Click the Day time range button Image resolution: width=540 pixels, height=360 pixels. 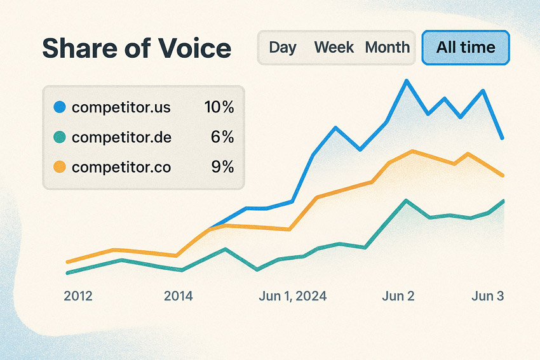(283, 48)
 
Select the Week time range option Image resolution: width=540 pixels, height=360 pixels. (334, 48)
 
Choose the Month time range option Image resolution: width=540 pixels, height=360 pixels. (387, 48)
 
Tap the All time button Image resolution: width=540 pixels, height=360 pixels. (466, 48)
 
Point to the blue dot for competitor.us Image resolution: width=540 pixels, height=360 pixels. (60, 107)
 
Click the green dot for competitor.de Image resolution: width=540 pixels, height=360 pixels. (60, 137)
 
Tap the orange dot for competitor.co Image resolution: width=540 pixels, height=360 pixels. (60, 167)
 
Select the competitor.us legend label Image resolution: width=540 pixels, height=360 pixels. (121, 107)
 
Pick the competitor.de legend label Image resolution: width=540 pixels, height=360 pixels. (121, 137)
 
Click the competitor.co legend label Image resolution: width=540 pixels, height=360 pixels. (121, 168)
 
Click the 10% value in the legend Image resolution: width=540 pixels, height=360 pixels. (219, 107)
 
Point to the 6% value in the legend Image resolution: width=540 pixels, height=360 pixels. (223, 137)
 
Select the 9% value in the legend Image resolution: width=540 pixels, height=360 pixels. (223, 168)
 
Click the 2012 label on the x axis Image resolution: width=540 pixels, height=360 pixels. (78, 296)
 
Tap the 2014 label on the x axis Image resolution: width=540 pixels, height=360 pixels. (179, 296)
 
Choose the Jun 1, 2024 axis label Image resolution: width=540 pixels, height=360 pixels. (293, 296)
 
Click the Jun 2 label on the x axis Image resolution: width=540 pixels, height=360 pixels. (398, 296)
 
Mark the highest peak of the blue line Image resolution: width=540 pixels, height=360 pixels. (407, 81)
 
